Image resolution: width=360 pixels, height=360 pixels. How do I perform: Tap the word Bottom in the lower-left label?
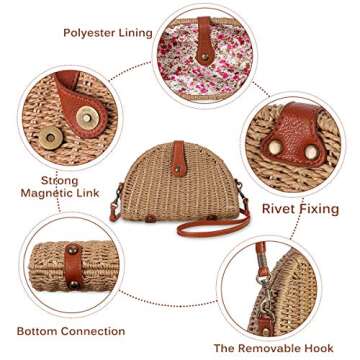(x=41, y=331)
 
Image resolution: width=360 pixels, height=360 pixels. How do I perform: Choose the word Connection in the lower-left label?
(x=98, y=331)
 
